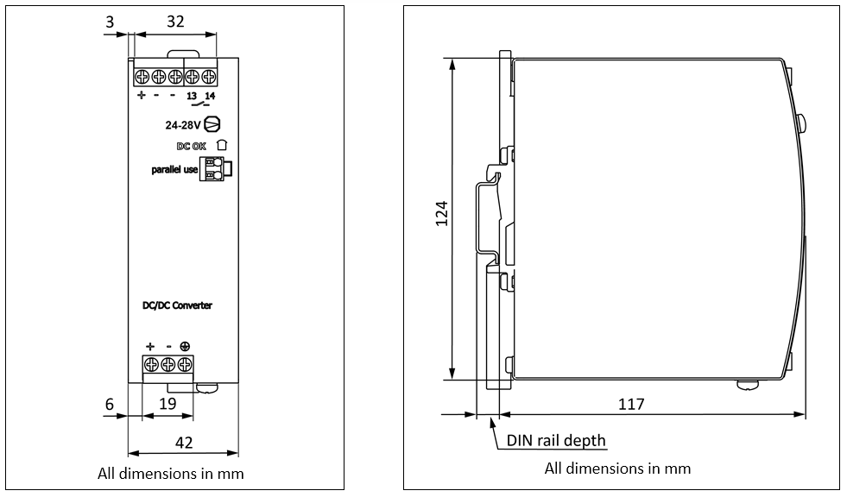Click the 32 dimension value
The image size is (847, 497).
pos(174,22)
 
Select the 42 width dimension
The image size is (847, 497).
pos(184,443)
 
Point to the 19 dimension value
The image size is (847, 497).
pos(168,403)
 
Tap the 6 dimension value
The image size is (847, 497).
pos(110,403)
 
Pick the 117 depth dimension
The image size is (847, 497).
pos(631,404)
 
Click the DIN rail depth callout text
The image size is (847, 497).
pos(556,440)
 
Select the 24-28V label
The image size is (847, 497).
pos(183,124)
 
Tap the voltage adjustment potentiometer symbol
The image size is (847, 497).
pos(212,124)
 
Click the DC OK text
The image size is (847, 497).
pos(192,146)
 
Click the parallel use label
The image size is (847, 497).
pos(174,170)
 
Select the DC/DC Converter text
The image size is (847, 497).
pos(177,305)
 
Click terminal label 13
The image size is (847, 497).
pos(192,95)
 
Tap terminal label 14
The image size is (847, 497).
pos(209,95)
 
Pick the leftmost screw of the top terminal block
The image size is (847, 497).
pos(142,75)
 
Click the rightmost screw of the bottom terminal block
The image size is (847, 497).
pos(185,362)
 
